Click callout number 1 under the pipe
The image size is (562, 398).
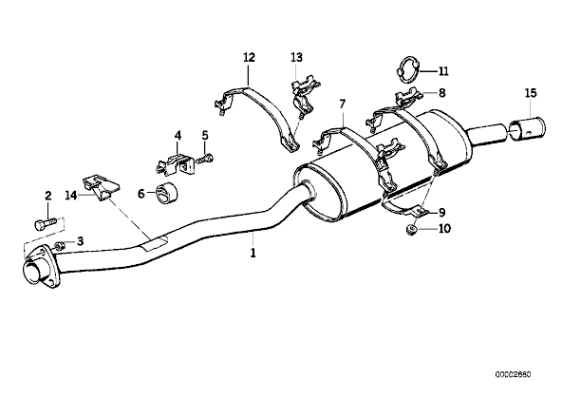[253, 253]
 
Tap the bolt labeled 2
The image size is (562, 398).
[45, 224]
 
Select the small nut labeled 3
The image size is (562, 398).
[60, 246]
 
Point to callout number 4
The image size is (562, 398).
[178, 136]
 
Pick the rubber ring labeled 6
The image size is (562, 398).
[168, 194]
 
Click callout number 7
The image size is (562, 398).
[343, 104]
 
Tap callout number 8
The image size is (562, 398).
[442, 93]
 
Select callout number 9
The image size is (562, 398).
[442, 213]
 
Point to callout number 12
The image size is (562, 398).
[249, 57]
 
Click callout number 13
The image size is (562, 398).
[297, 57]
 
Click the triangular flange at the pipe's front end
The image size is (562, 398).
[40, 266]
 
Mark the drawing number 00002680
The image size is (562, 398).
[514, 374]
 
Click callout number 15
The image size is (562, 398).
[531, 93]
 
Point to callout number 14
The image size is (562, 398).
[71, 196]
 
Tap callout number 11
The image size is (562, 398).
[443, 71]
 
